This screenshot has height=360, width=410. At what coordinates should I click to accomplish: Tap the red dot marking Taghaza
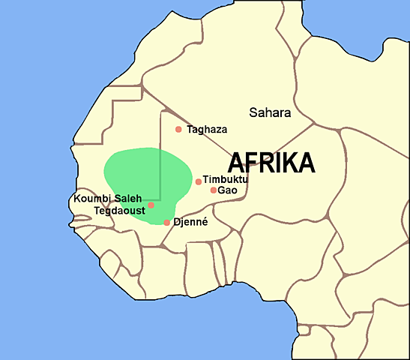pos(178,129)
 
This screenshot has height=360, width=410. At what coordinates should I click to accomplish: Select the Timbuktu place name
pos(226,180)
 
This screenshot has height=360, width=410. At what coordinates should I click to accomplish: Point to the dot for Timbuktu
pos(199,181)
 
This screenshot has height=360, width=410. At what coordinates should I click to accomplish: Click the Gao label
pos(227,190)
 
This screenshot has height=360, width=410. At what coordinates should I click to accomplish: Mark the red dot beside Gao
pos(214,190)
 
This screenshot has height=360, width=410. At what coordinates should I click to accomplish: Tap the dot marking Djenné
pos(167,223)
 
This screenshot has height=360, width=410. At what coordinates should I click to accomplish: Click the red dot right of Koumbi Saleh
pos(151,205)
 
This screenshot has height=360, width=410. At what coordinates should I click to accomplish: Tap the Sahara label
pos(269,113)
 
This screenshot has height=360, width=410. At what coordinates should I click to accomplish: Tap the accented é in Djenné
pos(204,223)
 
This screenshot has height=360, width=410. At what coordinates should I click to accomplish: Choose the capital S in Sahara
pos(253,113)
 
